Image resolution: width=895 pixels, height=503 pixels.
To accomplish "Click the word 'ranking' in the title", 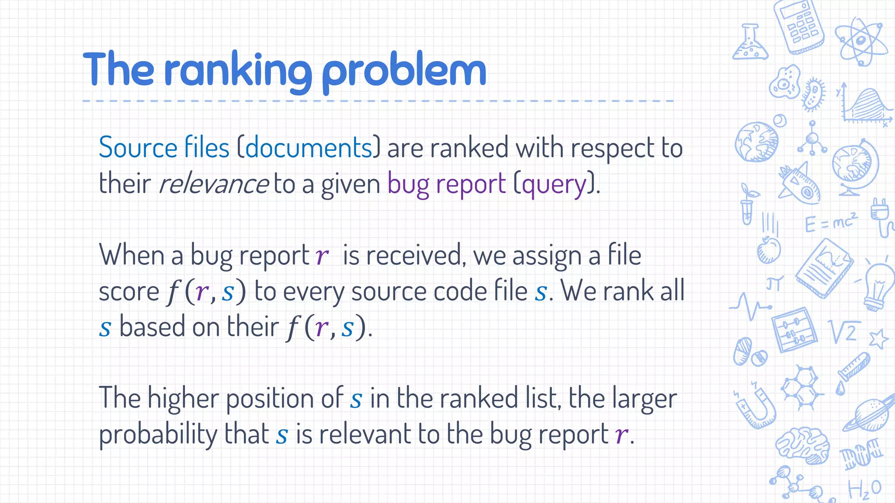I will pyautogui.click(x=238, y=70).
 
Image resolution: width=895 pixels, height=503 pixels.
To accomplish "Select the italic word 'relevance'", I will pyautogui.click(x=213, y=183).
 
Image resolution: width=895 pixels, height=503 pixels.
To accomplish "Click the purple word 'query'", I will pyautogui.click(x=554, y=184).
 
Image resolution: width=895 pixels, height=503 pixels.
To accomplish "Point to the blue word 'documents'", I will pyautogui.click(x=309, y=148).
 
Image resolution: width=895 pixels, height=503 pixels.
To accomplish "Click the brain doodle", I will pyautogui.click(x=803, y=444).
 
